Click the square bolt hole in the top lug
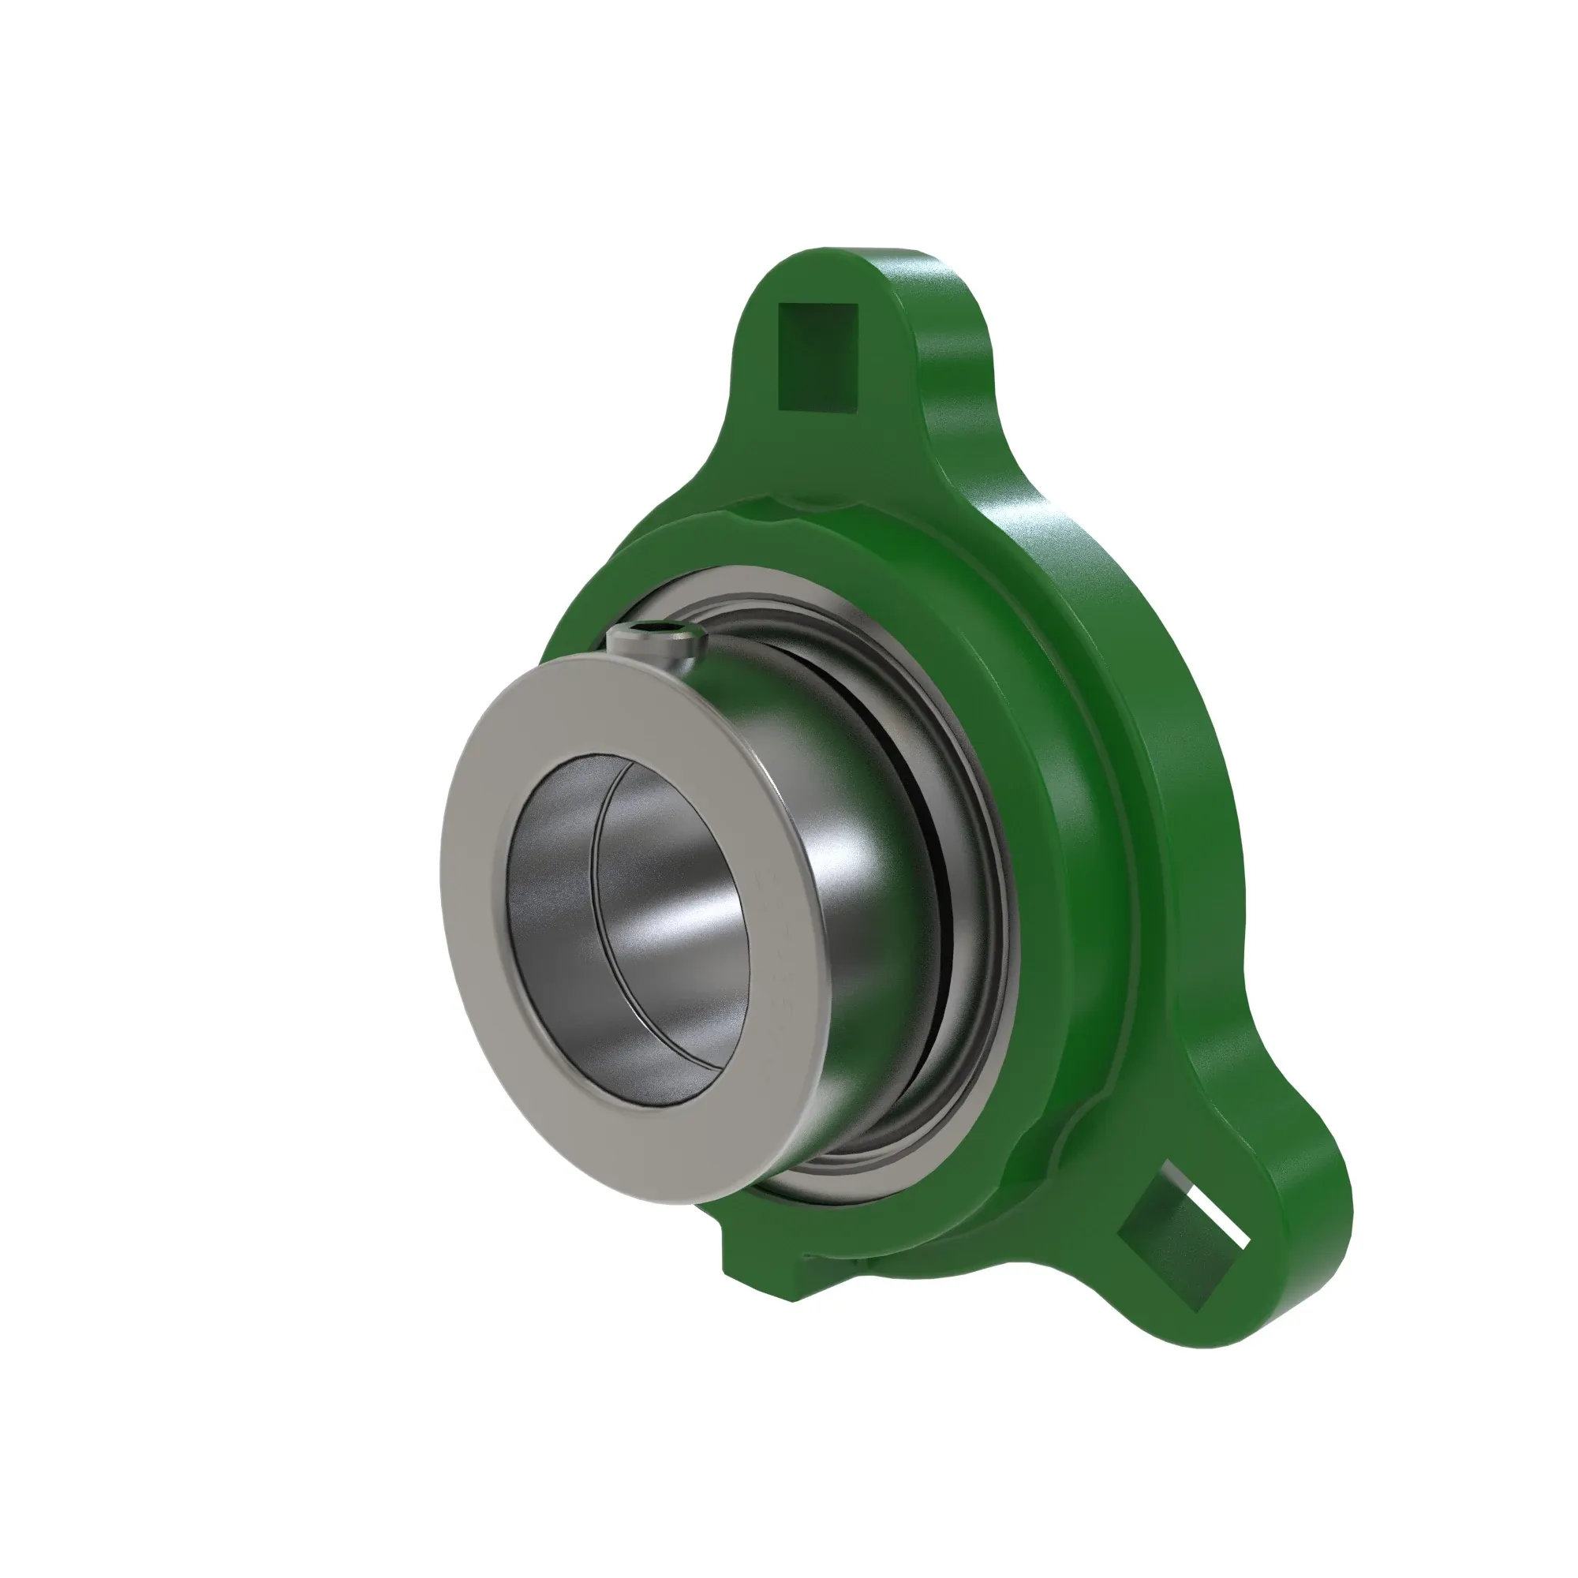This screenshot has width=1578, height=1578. [817, 356]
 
